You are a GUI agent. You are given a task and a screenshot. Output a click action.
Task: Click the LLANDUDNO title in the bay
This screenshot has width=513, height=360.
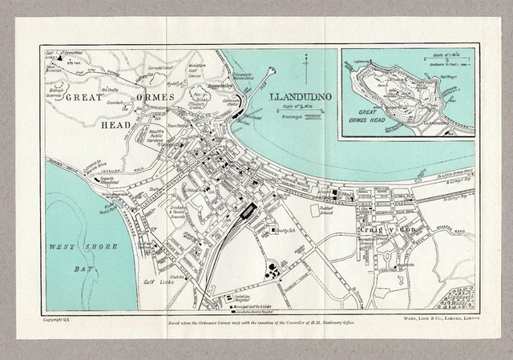(x=300, y=98)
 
